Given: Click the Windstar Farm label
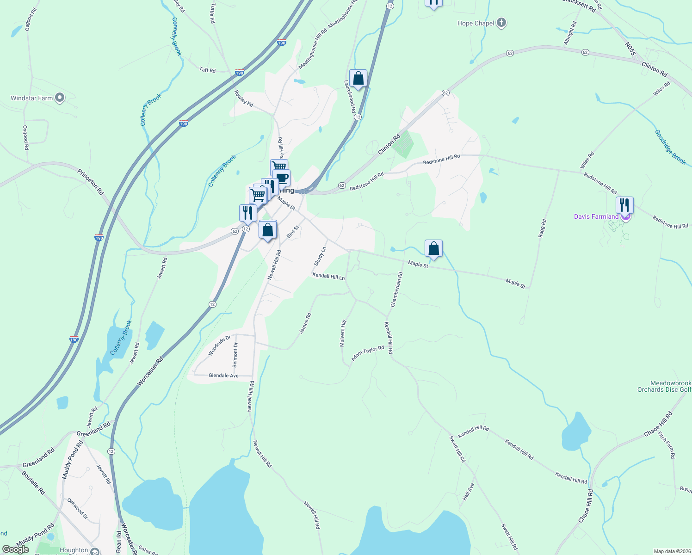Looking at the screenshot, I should pyautogui.click(x=32, y=98).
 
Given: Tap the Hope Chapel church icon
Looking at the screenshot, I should pyautogui.click(x=501, y=23).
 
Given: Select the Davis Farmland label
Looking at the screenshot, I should pyautogui.click(x=596, y=216).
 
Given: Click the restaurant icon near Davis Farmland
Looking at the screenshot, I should pyautogui.click(x=624, y=205).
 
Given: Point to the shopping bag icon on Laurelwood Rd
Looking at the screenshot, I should pyautogui.click(x=358, y=78).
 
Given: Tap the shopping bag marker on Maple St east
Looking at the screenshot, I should pyautogui.click(x=433, y=248).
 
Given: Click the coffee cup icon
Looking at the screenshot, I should pyautogui.click(x=281, y=178).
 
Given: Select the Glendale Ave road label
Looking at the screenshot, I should pyautogui.click(x=223, y=376).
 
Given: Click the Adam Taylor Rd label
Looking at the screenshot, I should pyautogui.click(x=368, y=354).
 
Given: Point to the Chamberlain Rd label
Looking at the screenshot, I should pyautogui.click(x=397, y=290).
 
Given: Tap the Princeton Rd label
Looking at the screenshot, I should pyautogui.click(x=91, y=182).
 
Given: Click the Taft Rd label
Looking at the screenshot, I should pyautogui.click(x=207, y=70).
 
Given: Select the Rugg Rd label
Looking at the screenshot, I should pyautogui.click(x=543, y=228).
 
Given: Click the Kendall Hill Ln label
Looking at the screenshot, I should pyautogui.click(x=328, y=276).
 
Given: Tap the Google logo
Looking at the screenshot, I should pyautogui.click(x=16, y=549).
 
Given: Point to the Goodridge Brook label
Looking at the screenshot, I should pyautogui.click(x=670, y=147).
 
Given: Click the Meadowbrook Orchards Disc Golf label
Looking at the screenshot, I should pyautogui.click(x=664, y=386).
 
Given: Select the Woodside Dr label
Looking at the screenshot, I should pyautogui.click(x=219, y=345).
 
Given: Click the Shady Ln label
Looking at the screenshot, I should pyautogui.click(x=320, y=256).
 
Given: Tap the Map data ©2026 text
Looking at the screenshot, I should pyautogui.click(x=671, y=551).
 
